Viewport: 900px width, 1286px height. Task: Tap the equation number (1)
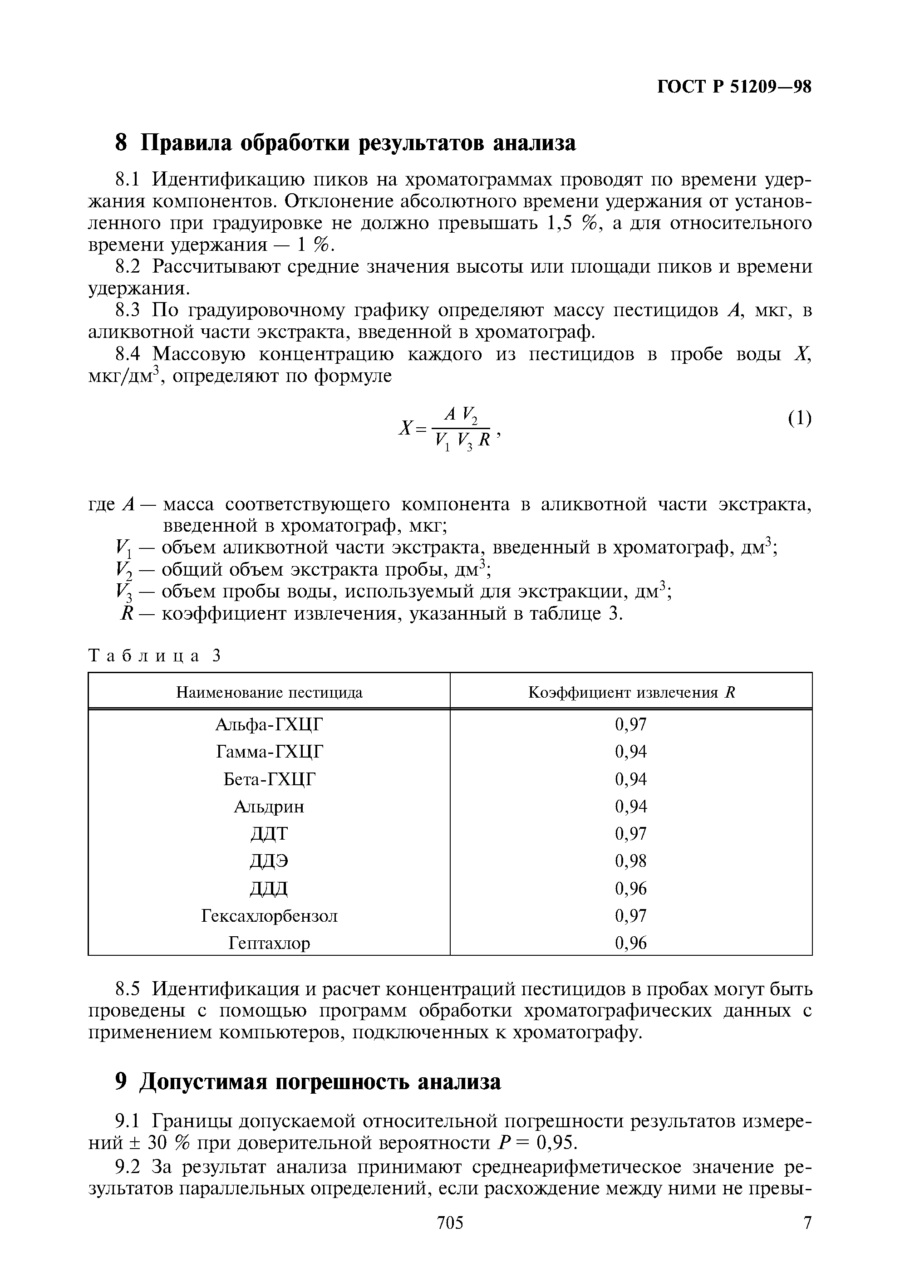[799, 418]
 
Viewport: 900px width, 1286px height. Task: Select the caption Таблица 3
[155, 655]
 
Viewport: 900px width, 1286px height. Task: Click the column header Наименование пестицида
[269, 693]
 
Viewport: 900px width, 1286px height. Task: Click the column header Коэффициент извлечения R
[631, 693]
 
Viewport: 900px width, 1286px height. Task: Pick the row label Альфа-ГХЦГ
[269, 725]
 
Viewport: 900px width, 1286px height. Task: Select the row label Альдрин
[269, 807]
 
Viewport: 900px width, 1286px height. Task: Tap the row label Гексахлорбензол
[269, 916]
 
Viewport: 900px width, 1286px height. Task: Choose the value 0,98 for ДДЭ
[631, 861]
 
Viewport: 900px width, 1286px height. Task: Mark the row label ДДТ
[269, 834]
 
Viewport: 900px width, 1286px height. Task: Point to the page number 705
[450, 1238]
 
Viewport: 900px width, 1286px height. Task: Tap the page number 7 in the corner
[807, 1238]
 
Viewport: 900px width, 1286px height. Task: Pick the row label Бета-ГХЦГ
[269, 779]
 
